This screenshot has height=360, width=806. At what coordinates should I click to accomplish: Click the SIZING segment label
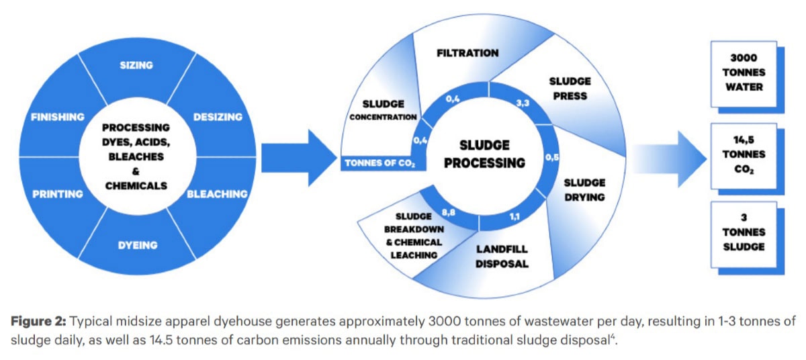(136, 65)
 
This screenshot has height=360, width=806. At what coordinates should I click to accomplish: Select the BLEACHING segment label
(217, 194)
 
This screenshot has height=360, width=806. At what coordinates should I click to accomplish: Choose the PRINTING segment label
(57, 194)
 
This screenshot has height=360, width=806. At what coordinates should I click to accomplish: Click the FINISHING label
(58, 117)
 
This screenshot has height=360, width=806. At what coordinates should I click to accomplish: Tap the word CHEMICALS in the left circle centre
(136, 186)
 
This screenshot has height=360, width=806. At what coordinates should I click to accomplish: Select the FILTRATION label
(467, 52)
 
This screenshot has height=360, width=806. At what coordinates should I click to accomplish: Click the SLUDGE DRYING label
(584, 189)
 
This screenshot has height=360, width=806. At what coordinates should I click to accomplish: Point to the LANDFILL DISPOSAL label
(502, 257)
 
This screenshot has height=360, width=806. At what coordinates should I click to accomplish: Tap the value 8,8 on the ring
(449, 213)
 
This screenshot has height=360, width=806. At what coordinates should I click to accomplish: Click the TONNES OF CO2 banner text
(379, 163)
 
